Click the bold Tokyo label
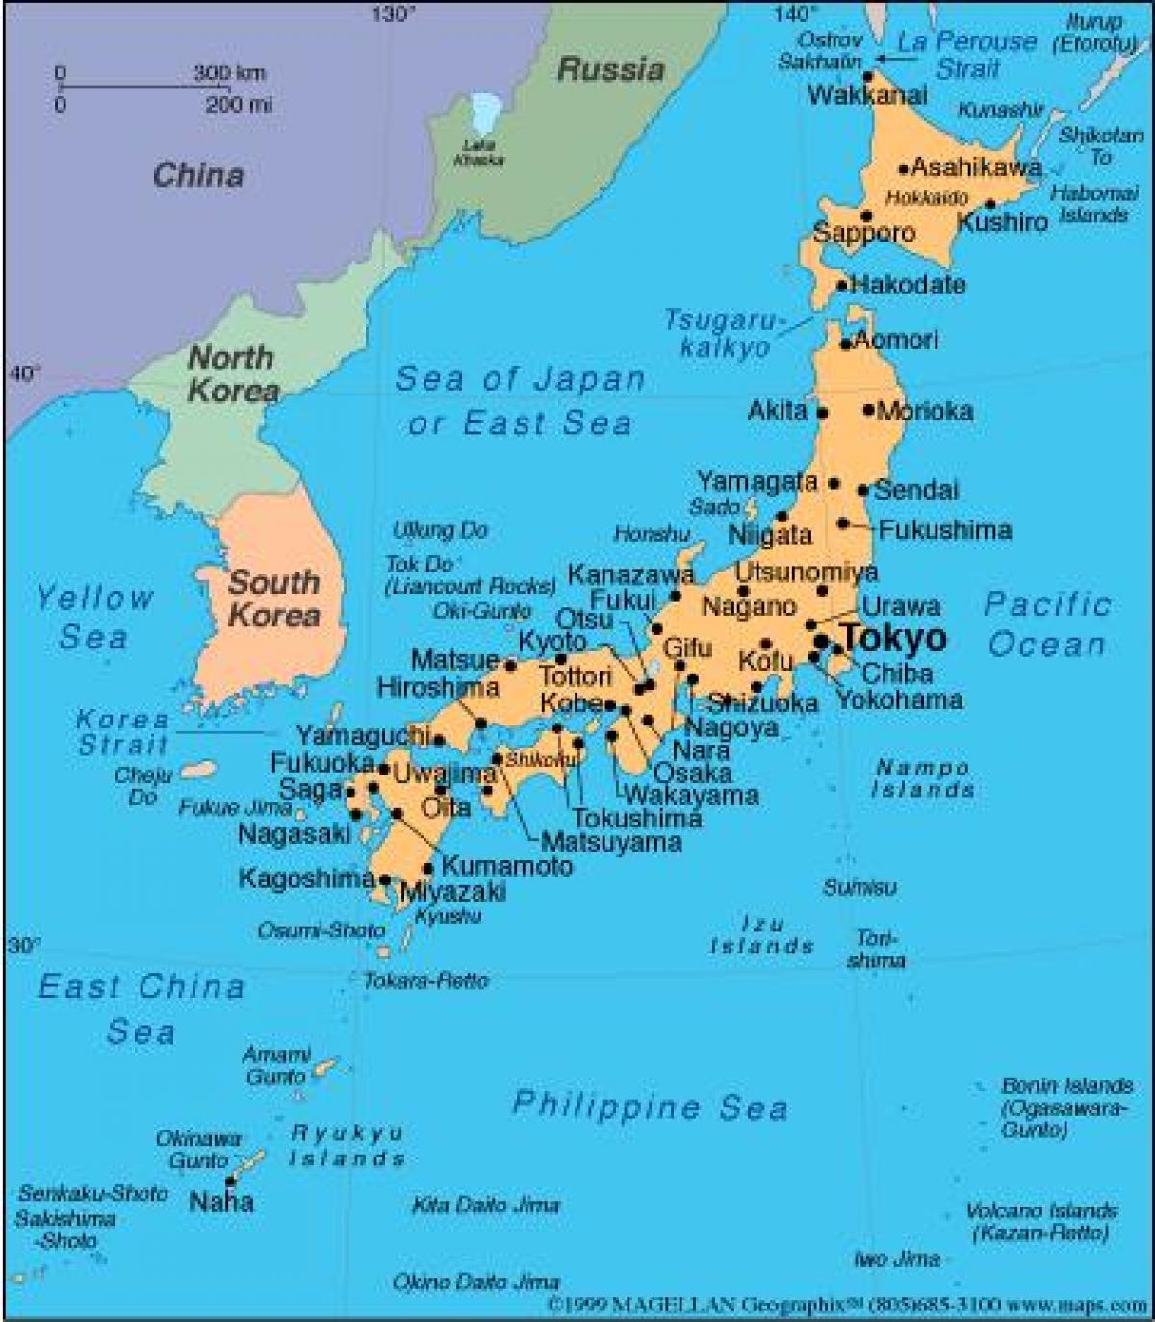tap(894, 638)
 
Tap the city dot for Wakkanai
tap(867, 75)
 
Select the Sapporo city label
tap(864, 233)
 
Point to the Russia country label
tap(610, 69)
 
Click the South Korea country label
tap(273, 598)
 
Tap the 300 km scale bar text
tap(229, 73)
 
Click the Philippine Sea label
tap(650, 1106)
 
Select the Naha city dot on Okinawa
tap(230, 1180)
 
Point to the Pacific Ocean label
tap(1047, 624)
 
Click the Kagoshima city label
tap(306, 878)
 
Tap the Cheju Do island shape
tap(199, 771)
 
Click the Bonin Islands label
tap(1066, 1085)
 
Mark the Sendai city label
tap(916, 490)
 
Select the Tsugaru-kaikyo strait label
tap(725, 334)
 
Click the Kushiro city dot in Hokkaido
tap(990, 204)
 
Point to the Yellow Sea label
tap(93, 617)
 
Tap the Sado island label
tap(714, 507)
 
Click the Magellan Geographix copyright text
tap(846, 1307)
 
